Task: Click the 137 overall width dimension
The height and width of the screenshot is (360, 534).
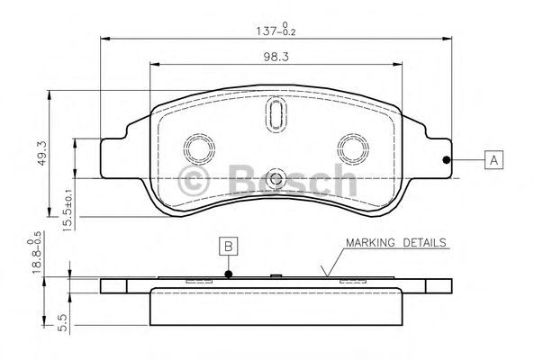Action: tap(276, 30)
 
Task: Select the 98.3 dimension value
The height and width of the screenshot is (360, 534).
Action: tap(276, 57)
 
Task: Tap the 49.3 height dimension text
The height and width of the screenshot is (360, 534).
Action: tap(42, 154)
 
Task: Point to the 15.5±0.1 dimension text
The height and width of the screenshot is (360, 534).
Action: tap(68, 210)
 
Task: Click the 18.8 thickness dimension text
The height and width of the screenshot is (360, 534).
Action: tap(35, 252)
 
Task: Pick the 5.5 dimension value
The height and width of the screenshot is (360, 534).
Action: tap(63, 322)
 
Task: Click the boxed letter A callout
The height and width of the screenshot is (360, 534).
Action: tap(493, 159)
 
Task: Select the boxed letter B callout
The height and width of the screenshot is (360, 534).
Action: tap(229, 246)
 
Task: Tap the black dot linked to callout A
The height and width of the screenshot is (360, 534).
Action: tap(446, 159)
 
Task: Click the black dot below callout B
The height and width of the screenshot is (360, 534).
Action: tap(229, 274)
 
